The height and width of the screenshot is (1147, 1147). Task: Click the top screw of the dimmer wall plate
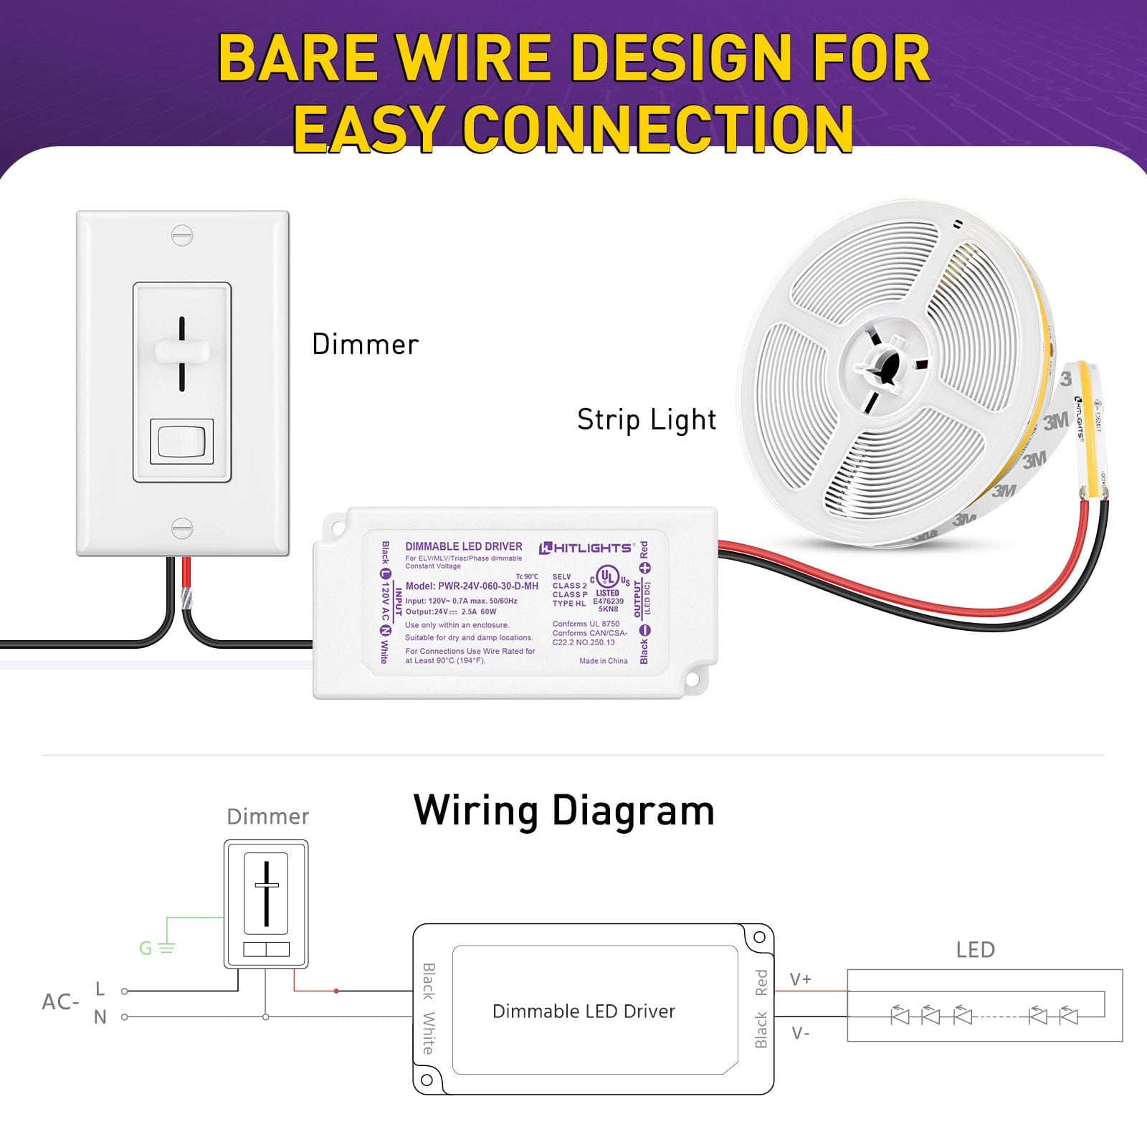point(182,235)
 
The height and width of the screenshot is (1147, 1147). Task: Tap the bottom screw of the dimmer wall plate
point(182,529)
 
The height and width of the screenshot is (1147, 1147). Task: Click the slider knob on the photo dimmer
point(182,352)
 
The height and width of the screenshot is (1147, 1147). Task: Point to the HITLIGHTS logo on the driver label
point(586,548)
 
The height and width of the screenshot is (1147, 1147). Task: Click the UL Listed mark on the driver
point(608,577)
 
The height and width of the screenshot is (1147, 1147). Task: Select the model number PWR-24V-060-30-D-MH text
point(472,586)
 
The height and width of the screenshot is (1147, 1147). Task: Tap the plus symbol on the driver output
point(644,568)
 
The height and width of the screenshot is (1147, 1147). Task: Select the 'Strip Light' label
point(646,420)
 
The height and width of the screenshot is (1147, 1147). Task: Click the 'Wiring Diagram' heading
point(563,811)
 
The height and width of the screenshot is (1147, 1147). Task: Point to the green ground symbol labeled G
point(156,948)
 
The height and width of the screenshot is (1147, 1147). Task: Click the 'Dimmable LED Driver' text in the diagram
point(584,1011)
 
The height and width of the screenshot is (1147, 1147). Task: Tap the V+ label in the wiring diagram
point(801,979)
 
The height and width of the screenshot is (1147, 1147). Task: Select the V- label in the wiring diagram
point(801,1033)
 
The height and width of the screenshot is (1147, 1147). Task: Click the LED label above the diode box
point(975,950)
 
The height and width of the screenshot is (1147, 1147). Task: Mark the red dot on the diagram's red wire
point(336,991)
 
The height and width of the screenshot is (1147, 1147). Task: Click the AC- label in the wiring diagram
point(60,1001)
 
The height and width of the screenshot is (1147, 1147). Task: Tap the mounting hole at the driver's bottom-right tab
point(693,677)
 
